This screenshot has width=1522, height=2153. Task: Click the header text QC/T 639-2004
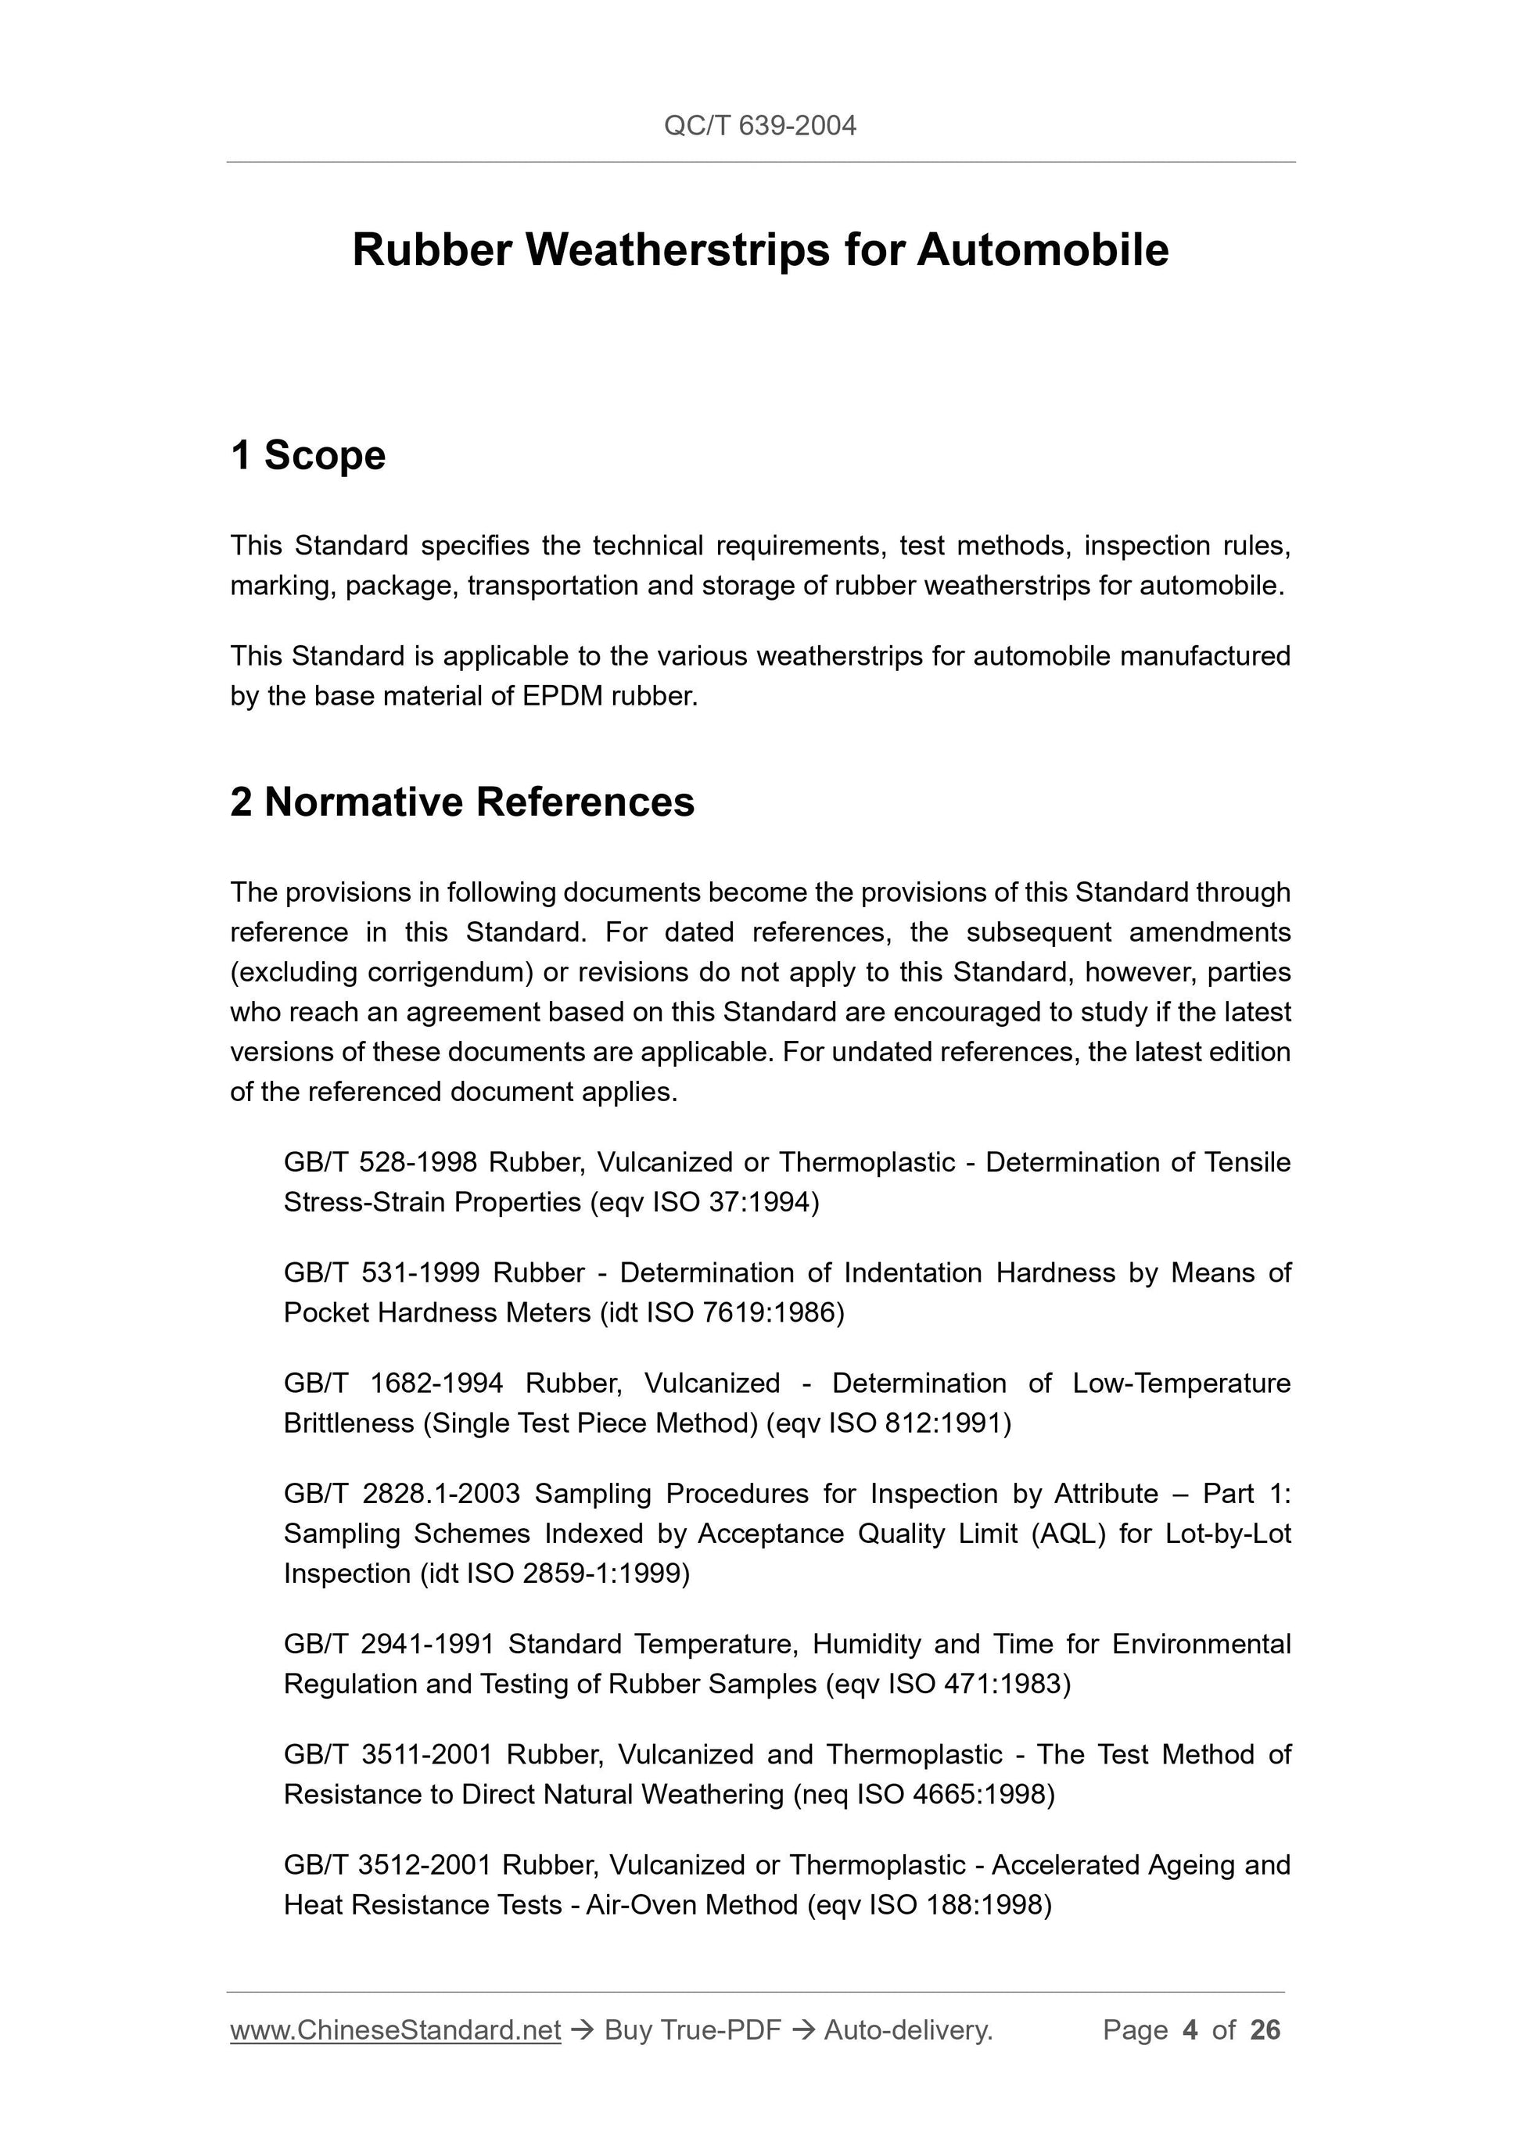(759, 126)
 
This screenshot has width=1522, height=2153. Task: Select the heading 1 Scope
(307, 456)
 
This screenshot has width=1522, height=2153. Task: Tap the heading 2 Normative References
(462, 802)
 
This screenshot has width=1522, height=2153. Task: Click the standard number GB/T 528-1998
(381, 1163)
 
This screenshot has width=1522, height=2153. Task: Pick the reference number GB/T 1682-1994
(393, 1383)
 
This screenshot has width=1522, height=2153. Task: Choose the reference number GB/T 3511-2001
(388, 1754)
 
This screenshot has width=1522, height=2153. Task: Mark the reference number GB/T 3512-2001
(387, 1865)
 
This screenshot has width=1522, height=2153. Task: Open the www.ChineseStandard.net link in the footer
(395, 2030)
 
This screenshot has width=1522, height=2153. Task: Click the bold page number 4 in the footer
(1190, 2030)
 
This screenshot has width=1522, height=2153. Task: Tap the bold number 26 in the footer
(1265, 2030)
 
